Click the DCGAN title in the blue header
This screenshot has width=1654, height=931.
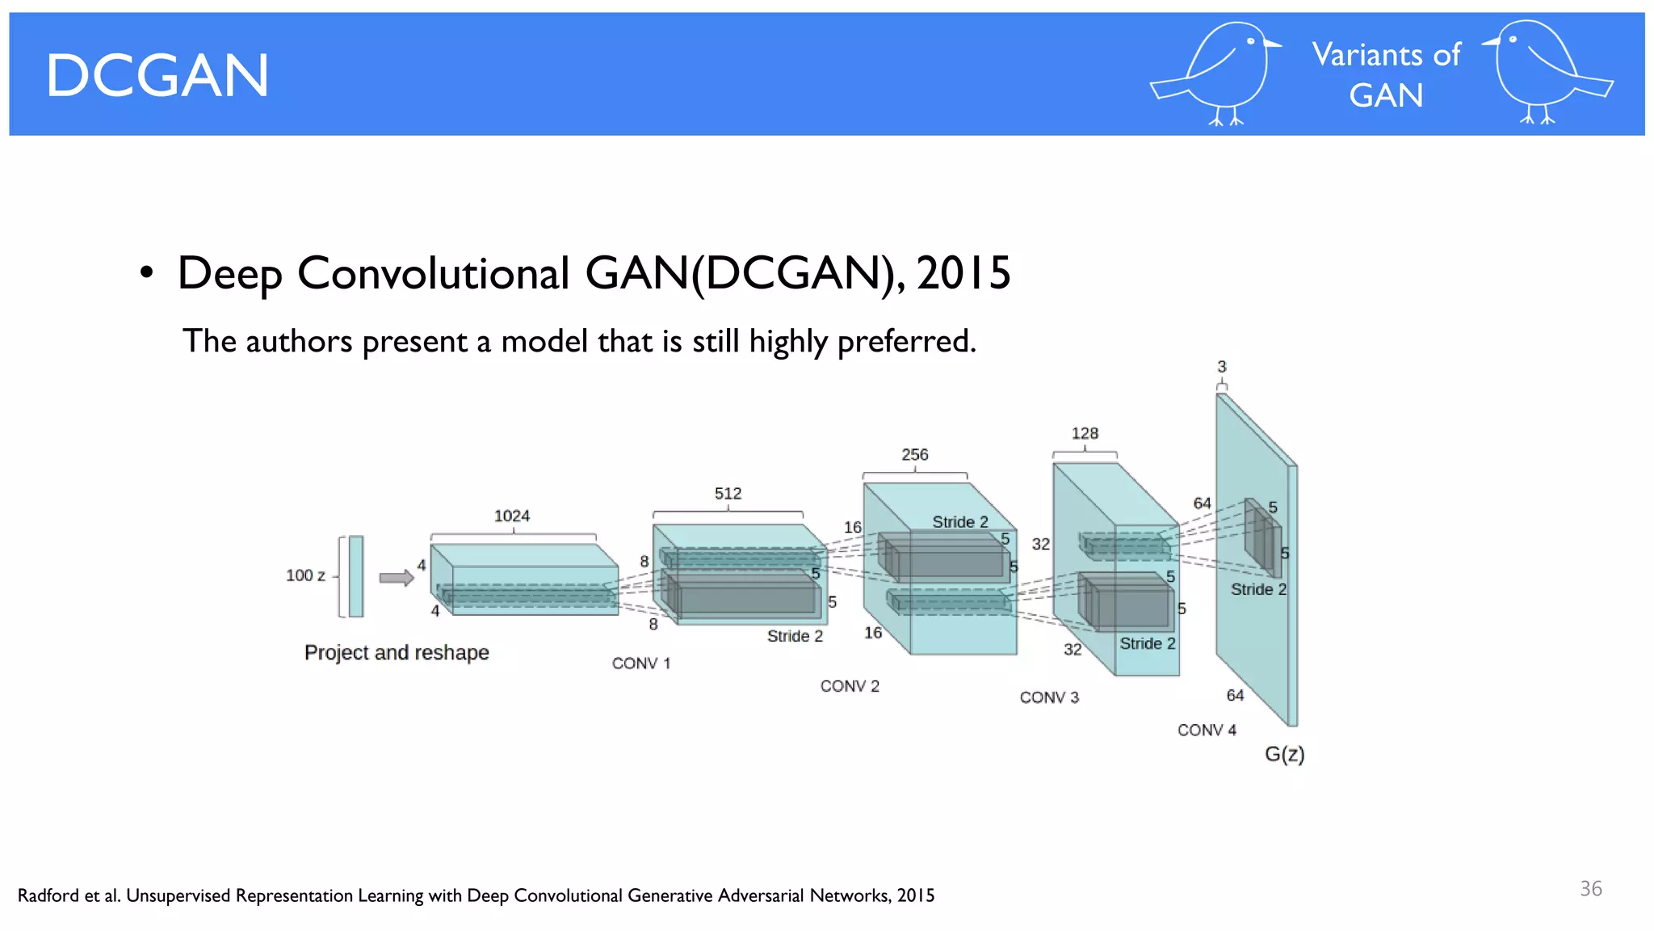[157, 76]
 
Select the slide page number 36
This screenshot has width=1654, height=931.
[1590, 889]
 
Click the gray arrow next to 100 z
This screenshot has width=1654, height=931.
[397, 578]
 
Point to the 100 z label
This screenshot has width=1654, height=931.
[305, 575]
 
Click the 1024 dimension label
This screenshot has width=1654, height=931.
[512, 516]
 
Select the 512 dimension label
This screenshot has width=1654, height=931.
[728, 493]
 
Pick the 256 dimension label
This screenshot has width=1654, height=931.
[915, 454]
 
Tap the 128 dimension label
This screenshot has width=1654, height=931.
[1085, 433]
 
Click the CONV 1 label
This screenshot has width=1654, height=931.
[641, 663]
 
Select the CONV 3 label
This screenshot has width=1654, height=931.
[1049, 697]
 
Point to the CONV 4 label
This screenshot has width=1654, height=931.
[1207, 730]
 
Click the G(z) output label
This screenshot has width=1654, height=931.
[1284, 754]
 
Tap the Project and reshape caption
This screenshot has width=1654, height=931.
[397, 652]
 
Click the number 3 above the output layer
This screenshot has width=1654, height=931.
[1222, 367]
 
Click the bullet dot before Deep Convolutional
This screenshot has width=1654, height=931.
[146, 273]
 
